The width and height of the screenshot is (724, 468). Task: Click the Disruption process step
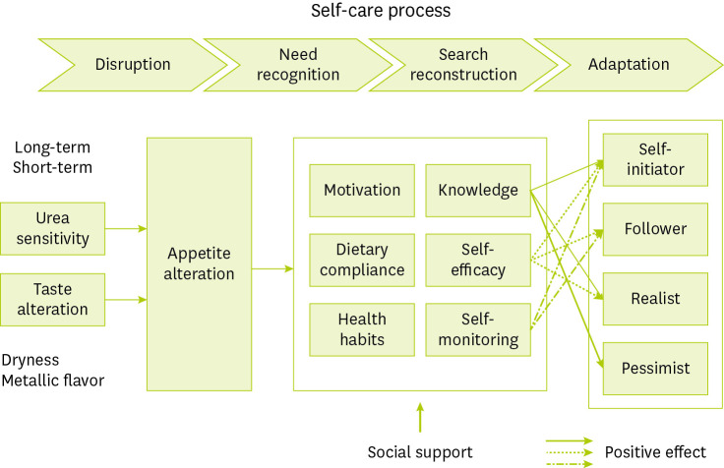(133, 65)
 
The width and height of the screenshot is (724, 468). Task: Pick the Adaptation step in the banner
(628, 65)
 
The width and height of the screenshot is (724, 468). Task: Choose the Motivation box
(362, 190)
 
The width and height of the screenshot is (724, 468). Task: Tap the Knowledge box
(477, 190)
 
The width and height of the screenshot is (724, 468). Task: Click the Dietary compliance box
(362, 260)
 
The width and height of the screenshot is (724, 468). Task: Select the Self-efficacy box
(477, 260)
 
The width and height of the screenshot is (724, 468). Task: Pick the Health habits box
(362, 329)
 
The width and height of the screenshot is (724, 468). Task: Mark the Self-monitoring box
(477, 329)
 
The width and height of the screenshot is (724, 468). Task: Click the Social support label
(420, 452)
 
